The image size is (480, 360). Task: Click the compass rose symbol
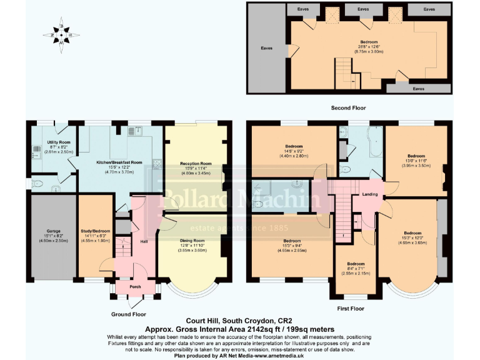(x=61, y=34)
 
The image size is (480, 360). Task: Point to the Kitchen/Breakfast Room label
(x=119, y=162)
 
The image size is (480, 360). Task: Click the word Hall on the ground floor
(x=144, y=241)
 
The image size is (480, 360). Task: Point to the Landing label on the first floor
(x=369, y=195)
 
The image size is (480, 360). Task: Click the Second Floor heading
(x=348, y=108)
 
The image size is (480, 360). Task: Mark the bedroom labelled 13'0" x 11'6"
(x=416, y=161)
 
